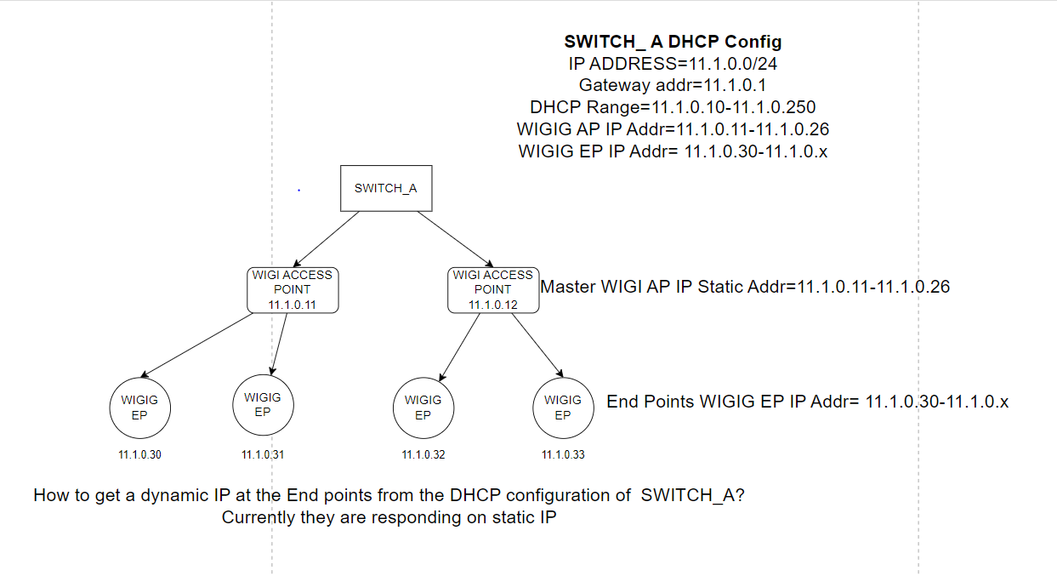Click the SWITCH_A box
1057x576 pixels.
pos(386,188)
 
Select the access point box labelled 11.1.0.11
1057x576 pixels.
pos(293,289)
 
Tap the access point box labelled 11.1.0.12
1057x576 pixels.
pos(493,289)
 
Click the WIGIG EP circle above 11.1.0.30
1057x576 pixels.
pos(139,408)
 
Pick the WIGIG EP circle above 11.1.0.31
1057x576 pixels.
pos(263,404)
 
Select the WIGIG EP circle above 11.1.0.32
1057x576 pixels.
pos(423,408)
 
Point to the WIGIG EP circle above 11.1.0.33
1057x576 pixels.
pos(563,408)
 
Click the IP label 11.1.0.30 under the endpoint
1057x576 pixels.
pos(139,455)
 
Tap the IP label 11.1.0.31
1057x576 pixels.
pos(263,455)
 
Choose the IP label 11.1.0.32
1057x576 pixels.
pos(423,455)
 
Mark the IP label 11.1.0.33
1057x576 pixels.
pos(563,455)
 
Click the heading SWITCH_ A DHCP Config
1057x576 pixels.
pos(673,42)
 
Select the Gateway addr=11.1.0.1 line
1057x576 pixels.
pos(673,85)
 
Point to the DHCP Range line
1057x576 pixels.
pos(673,107)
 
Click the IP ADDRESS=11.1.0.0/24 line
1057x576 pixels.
pos(673,64)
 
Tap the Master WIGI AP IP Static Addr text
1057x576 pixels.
pos(745,287)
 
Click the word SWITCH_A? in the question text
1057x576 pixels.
pos(693,496)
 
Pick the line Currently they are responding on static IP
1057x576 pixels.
pos(389,517)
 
